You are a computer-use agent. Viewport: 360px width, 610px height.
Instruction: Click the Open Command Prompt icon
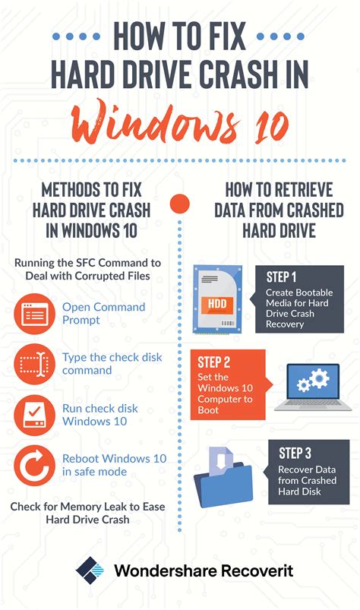[x=35, y=314]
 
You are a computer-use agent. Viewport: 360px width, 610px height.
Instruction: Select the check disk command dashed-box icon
[x=35, y=364]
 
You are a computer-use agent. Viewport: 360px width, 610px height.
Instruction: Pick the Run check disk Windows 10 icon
[x=35, y=414]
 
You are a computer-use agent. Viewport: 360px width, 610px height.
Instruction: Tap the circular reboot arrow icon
[x=35, y=464]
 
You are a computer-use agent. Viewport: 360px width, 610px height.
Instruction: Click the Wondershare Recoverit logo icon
[x=90, y=570]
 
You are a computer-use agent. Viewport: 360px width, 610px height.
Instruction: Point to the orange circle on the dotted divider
[x=179, y=204]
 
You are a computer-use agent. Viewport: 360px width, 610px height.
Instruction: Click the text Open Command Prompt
[x=103, y=314]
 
